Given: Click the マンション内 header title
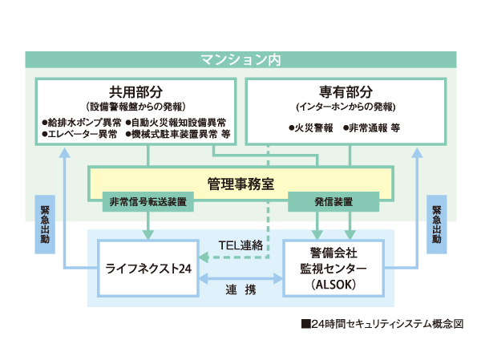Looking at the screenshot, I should pyautogui.click(x=240, y=59).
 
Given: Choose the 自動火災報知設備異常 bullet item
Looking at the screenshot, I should pyautogui.click(x=176, y=123).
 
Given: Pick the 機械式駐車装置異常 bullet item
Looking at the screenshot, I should pyautogui.click(x=176, y=135).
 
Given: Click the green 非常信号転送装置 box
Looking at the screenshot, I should pyautogui.click(x=148, y=201).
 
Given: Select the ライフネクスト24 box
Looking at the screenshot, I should pyautogui.click(x=148, y=269).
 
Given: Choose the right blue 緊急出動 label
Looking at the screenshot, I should pyautogui.click(x=435, y=224).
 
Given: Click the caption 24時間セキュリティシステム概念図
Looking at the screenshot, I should pyautogui.click(x=382, y=325).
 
